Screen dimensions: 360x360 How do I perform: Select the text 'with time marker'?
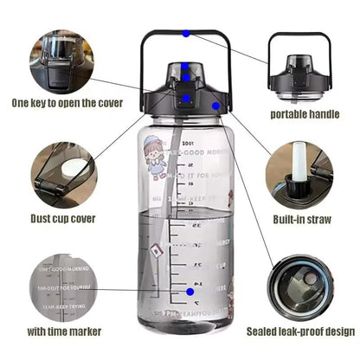(x=63, y=331)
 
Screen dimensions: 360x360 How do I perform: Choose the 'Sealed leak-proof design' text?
(x=299, y=331)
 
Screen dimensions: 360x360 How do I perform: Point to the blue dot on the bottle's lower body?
(x=190, y=292)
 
